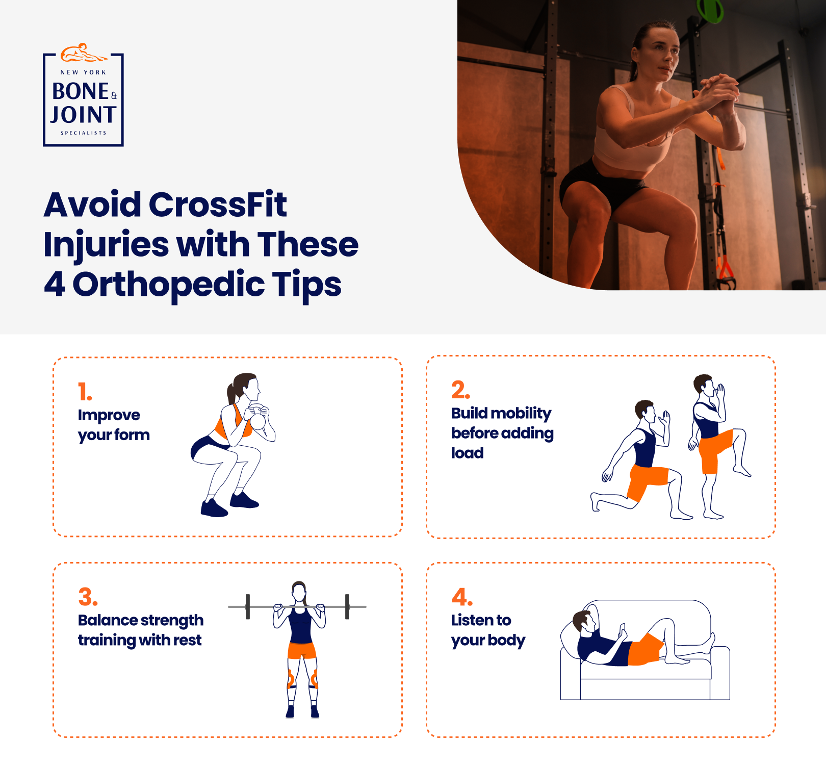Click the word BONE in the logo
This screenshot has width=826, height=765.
click(x=81, y=92)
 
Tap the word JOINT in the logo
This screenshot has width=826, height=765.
click(x=84, y=115)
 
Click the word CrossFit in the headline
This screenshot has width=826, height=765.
click(x=218, y=205)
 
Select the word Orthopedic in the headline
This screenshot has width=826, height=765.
click(x=168, y=285)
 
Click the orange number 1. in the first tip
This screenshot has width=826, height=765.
click(x=85, y=392)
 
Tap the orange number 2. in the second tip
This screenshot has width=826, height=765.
click(x=460, y=390)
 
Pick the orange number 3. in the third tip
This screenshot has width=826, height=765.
click(x=88, y=597)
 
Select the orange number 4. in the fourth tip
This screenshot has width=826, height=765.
click(x=461, y=597)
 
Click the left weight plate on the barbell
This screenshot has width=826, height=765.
click(x=248, y=607)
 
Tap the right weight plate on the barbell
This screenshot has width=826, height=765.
click(x=347, y=607)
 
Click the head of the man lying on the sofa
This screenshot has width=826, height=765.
click(x=583, y=622)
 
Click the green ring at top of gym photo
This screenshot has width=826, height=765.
click(x=710, y=10)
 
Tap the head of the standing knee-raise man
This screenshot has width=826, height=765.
click(x=704, y=385)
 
